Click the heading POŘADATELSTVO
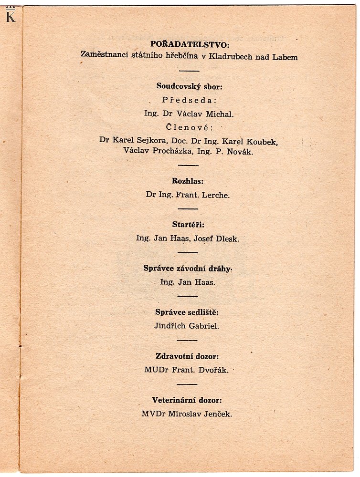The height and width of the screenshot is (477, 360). (190, 45)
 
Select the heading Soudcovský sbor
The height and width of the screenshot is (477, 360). (190, 86)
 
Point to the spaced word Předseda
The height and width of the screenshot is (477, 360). (190, 100)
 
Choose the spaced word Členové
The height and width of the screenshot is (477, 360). (190, 127)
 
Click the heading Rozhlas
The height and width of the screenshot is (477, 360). (188, 181)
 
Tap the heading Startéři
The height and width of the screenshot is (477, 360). (188, 224)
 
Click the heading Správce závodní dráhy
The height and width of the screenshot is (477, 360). (187, 268)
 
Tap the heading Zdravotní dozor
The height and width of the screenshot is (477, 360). (189, 356)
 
